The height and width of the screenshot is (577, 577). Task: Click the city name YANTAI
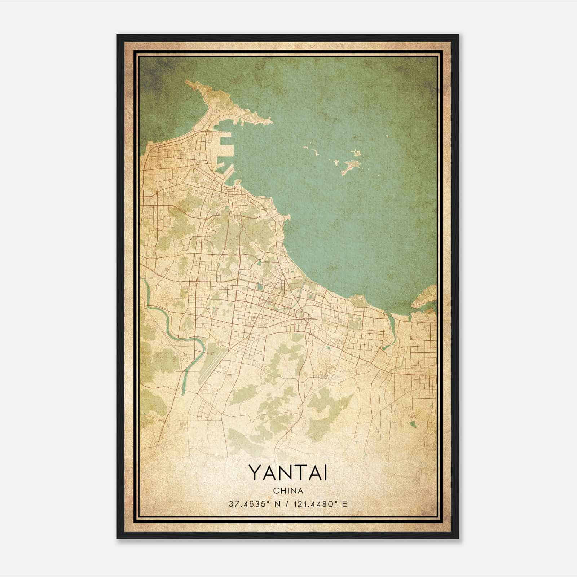coord(288,473)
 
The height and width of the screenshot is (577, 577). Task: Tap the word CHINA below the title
coord(288,491)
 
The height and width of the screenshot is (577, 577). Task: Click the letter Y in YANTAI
coord(254,473)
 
